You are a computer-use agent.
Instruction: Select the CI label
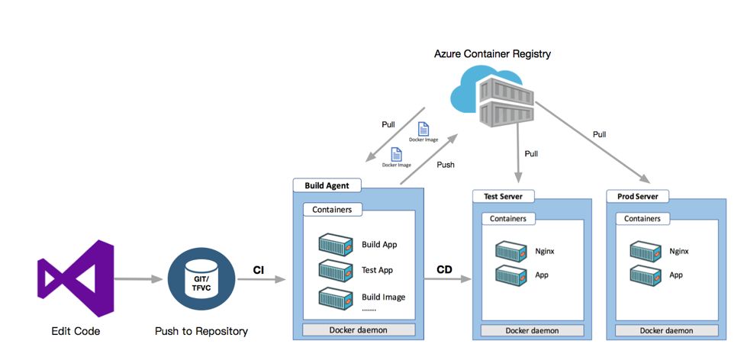(259, 269)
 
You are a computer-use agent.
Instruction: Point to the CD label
(444, 269)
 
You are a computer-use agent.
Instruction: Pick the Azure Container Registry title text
(492, 54)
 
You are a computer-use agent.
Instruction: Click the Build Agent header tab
(327, 185)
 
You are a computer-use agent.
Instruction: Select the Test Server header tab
(503, 197)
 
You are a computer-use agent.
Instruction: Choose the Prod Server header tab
(637, 197)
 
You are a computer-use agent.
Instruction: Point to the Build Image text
(383, 297)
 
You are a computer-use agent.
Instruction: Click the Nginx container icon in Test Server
(510, 250)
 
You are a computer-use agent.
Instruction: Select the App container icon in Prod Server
(645, 275)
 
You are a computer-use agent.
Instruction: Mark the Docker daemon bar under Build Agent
(359, 329)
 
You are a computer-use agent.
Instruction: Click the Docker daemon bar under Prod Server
(667, 330)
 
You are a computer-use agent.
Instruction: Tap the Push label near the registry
(446, 164)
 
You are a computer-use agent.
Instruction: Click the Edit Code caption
(76, 331)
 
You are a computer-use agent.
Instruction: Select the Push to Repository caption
(201, 331)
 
